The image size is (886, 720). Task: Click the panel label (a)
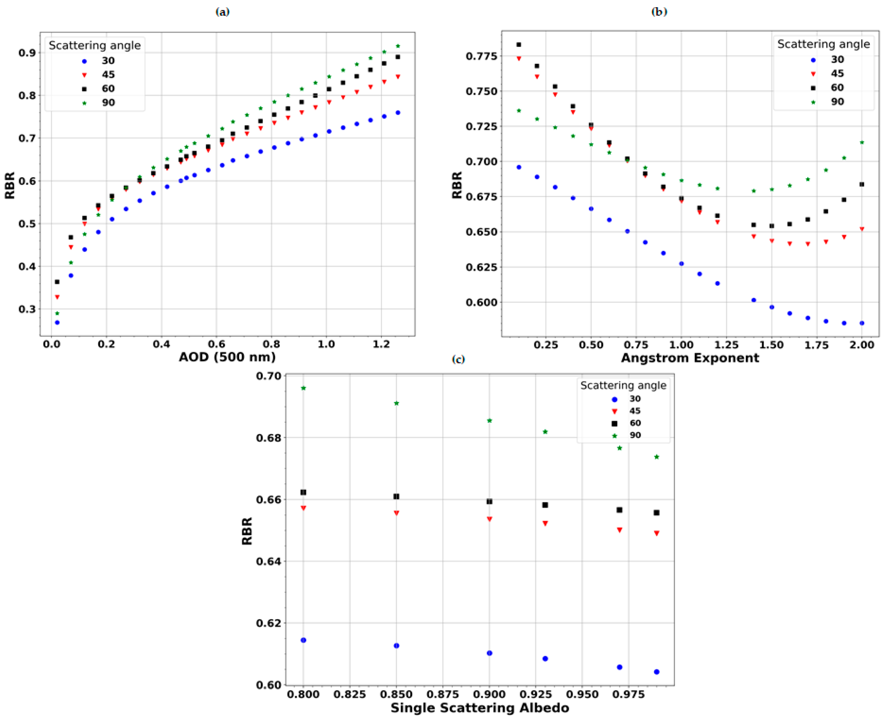point(222,12)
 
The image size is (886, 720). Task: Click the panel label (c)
point(458,359)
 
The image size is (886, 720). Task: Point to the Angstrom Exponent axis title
point(690,358)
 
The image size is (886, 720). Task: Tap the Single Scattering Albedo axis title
point(480,708)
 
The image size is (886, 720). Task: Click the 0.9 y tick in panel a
point(27,53)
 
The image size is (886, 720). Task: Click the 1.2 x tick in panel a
point(381,344)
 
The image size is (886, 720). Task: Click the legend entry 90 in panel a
point(108,102)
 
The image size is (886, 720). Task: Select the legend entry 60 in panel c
point(635,423)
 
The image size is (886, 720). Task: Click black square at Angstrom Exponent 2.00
point(861,184)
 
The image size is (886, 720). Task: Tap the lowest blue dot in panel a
point(57,322)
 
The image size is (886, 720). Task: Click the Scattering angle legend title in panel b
point(823,44)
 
